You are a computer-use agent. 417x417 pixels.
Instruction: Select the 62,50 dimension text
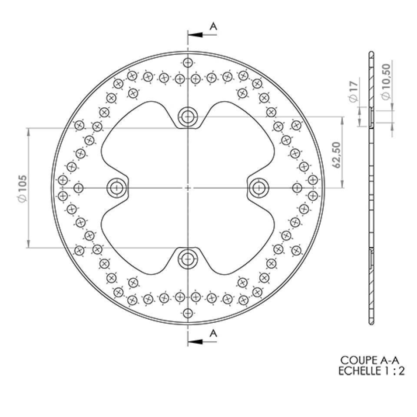336,153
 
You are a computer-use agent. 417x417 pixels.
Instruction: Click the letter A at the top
213,26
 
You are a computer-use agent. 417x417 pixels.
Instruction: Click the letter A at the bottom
213,333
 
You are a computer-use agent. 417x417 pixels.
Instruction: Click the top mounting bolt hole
188,116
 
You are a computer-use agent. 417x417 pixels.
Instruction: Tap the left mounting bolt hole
116,188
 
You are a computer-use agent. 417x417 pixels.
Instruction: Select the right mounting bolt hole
259,188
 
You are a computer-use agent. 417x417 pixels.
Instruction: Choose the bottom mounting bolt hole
188,259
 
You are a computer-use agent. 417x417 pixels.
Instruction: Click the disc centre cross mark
188,188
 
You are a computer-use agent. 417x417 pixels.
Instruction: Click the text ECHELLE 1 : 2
371,371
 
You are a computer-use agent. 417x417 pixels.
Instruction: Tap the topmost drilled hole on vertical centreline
188,63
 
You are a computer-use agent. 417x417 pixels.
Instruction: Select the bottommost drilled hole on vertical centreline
188,313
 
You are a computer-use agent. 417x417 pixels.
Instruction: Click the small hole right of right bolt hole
297,188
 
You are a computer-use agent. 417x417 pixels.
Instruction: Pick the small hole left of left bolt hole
78,188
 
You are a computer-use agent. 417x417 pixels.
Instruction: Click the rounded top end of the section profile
371,53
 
